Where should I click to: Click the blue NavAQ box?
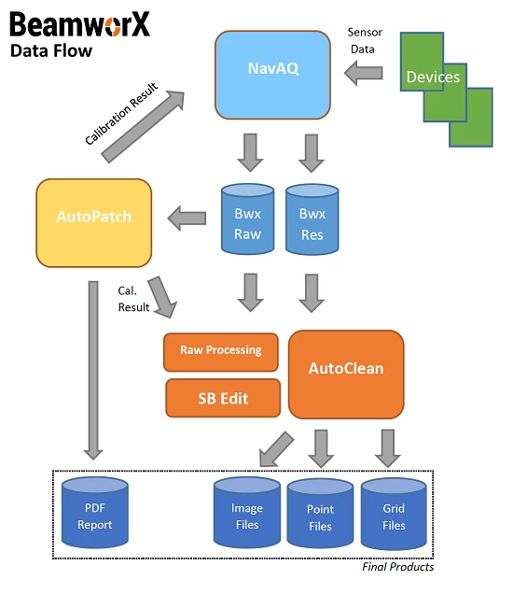272,75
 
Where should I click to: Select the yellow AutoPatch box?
94,222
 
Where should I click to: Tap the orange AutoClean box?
346,375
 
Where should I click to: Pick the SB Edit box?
223,398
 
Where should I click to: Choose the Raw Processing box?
221,352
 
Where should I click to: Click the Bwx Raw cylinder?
247,219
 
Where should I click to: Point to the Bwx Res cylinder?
312,219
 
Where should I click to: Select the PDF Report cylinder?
95,512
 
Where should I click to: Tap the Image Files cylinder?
247,512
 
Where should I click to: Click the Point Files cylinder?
321,514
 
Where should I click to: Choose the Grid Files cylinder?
394,514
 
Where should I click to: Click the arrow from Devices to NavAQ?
364,73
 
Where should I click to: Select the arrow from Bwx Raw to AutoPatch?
187,218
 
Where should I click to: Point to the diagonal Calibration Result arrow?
143,126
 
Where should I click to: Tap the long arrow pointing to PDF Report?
93,371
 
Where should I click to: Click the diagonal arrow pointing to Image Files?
276,449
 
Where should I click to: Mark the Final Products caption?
398,567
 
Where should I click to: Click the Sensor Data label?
364,40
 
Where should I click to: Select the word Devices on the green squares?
433,77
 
